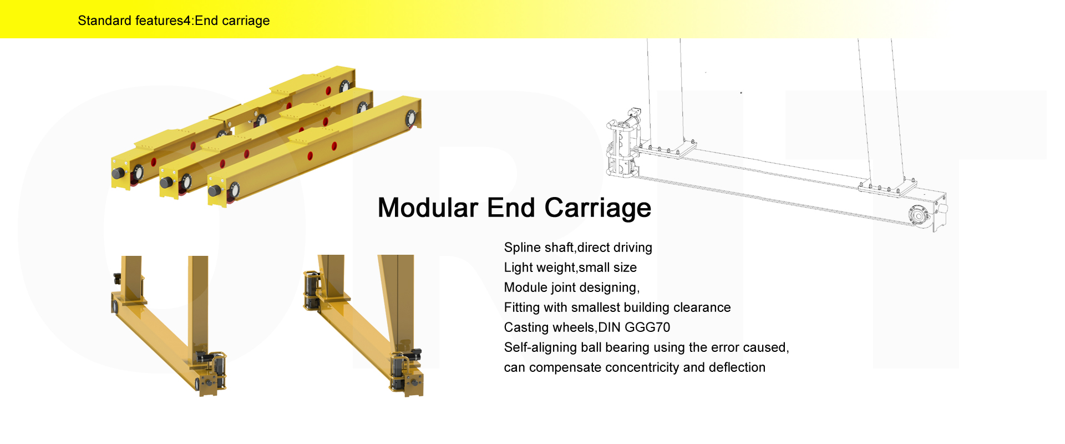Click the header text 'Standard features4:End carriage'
(174, 21)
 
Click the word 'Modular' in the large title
(427, 208)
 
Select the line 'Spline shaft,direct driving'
(577, 248)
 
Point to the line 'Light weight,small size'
(570, 268)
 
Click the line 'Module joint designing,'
(571, 287)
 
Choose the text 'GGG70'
(647, 327)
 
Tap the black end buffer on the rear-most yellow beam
(118, 173)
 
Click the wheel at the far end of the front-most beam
(411, 118)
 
